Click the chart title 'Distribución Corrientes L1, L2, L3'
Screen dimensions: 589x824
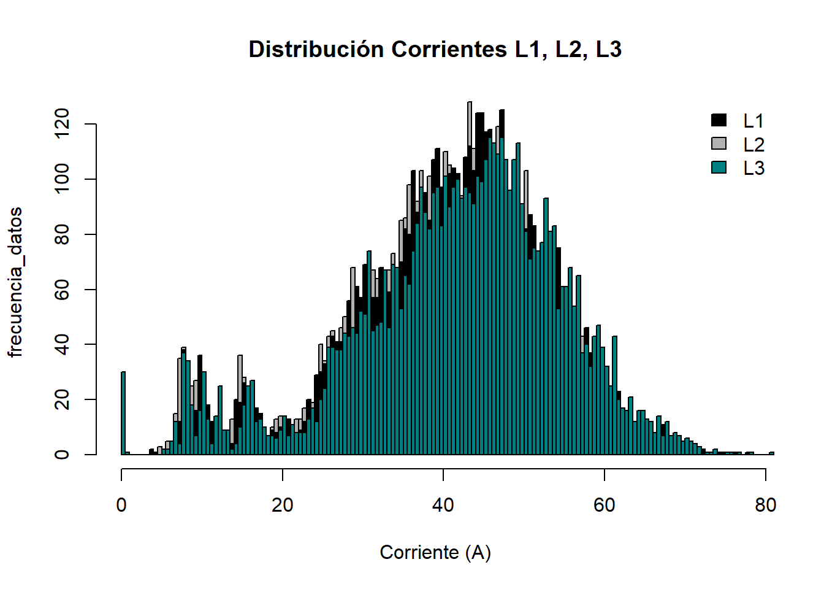click(435, 49)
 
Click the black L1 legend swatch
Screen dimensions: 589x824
click(719, 120)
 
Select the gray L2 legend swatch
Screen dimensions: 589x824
click(719, 144)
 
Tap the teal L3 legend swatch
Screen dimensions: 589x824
click(719, 167)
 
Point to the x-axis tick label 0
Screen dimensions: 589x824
click(121, 505)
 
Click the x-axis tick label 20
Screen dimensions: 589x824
click(282, 505)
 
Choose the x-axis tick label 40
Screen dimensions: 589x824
click(443, 505)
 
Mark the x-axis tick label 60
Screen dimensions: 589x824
click(604, 505)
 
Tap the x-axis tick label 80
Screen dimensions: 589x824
click(765, 505)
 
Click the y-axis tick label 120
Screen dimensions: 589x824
click(62, 124)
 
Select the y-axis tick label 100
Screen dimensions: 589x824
click(62, 179)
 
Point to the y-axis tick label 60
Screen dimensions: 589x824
click(62, 289)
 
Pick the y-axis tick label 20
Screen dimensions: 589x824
click(62, 399)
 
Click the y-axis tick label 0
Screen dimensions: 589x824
click(62, 455)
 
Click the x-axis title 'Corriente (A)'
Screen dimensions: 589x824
click(435, 552)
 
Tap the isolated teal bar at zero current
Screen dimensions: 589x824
click(123, 413)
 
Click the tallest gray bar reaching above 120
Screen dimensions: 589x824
click(470, 123)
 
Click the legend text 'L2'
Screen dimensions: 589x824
click(753, 145)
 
